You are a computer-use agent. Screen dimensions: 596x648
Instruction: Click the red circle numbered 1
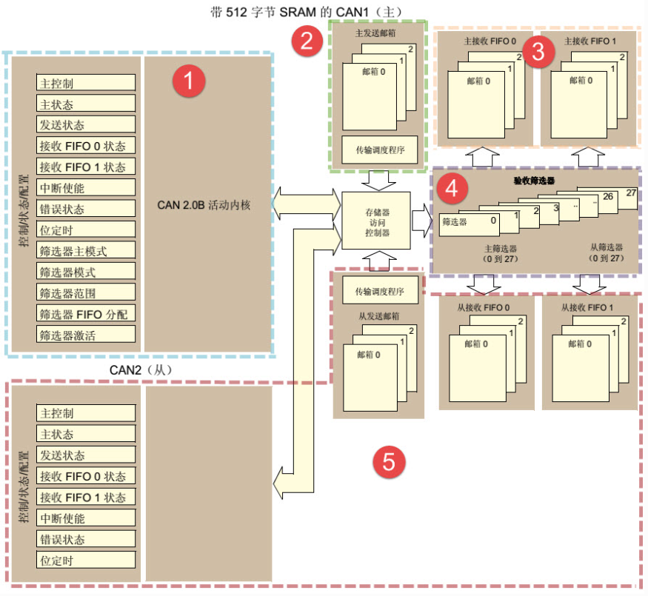click(188, 81)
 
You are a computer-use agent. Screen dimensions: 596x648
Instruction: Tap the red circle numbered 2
click(307, 41)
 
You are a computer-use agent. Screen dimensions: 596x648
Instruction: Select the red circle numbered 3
click(539, 50)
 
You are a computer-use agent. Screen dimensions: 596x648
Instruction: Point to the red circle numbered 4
click(452, 190)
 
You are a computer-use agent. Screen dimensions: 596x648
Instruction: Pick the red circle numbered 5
click(389, 462)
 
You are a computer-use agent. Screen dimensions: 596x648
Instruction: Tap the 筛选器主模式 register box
click(86, 250)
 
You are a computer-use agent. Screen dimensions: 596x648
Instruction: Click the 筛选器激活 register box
click(86, 335)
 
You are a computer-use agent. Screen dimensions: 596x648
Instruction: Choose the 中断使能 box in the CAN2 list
click(86, 518)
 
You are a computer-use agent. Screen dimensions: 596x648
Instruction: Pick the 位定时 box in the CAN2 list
click(86, 560)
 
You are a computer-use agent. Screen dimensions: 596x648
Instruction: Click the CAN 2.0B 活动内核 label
click(204, 205)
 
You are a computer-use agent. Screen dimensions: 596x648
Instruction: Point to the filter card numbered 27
click(630, 194)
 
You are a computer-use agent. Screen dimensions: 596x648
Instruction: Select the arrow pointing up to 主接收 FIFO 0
click(483, 157)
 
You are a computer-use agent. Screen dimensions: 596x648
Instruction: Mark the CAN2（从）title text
click(140, 369)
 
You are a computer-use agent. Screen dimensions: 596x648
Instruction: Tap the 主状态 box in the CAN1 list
click(86, 104)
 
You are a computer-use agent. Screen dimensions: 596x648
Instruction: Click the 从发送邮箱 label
click(379, 316)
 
